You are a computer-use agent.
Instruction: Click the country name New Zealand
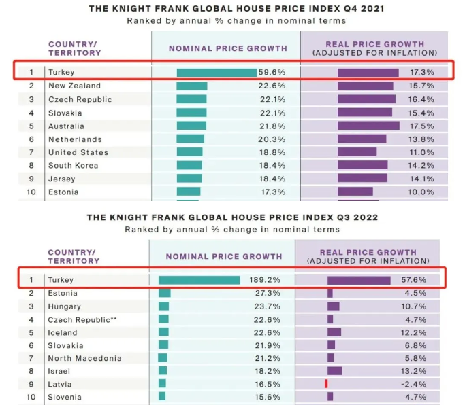[74, 86]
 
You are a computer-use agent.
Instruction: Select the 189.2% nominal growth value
[266, 279]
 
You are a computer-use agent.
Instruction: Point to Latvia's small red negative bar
[327, 384]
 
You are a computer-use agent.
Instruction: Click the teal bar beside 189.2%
[199, 279]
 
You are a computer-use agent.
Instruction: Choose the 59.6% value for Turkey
[272, 72]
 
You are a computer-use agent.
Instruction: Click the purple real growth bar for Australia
[368, 126]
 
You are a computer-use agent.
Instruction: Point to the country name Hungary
[65, 306]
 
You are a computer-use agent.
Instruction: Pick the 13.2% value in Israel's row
[413, 371]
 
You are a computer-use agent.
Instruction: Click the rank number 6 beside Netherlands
[31, 139]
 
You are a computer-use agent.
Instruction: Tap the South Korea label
[73, 165]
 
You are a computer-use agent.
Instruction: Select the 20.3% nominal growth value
[273, 139]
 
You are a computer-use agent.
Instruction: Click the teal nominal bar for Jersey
[189, 178]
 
